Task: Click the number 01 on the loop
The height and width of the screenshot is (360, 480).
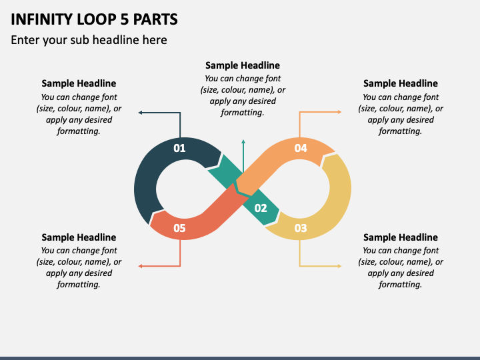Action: coord(179,148)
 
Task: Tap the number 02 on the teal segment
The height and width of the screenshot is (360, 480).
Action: coord(261,208)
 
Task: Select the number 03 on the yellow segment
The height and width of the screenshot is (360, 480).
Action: coord(300,228)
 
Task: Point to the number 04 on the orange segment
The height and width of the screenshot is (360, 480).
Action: coord(300,148)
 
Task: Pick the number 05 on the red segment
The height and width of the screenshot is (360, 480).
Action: coord(179,228)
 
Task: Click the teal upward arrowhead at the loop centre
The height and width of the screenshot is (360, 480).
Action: coord(243,141)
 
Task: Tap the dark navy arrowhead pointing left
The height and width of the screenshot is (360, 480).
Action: coord(140,113)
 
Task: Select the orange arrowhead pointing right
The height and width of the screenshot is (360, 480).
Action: coord(339,112)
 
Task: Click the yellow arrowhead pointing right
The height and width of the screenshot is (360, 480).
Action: coord(339,266)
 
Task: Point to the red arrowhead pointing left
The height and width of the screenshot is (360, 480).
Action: coord(140,266)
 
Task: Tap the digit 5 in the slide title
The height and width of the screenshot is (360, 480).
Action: coord(125,19)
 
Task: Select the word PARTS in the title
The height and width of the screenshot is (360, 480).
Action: coord(155,19)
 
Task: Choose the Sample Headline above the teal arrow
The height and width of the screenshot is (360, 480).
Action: coord(243,65)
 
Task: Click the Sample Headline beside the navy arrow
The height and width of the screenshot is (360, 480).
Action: coord(79,83)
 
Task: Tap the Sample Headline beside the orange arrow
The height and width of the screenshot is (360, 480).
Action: coord(401,83)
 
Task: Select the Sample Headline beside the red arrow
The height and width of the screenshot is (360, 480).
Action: coord(79,237)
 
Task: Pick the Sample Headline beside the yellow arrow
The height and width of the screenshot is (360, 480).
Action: coord(401,237)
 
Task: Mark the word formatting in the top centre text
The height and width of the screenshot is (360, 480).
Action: coord(243,113)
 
